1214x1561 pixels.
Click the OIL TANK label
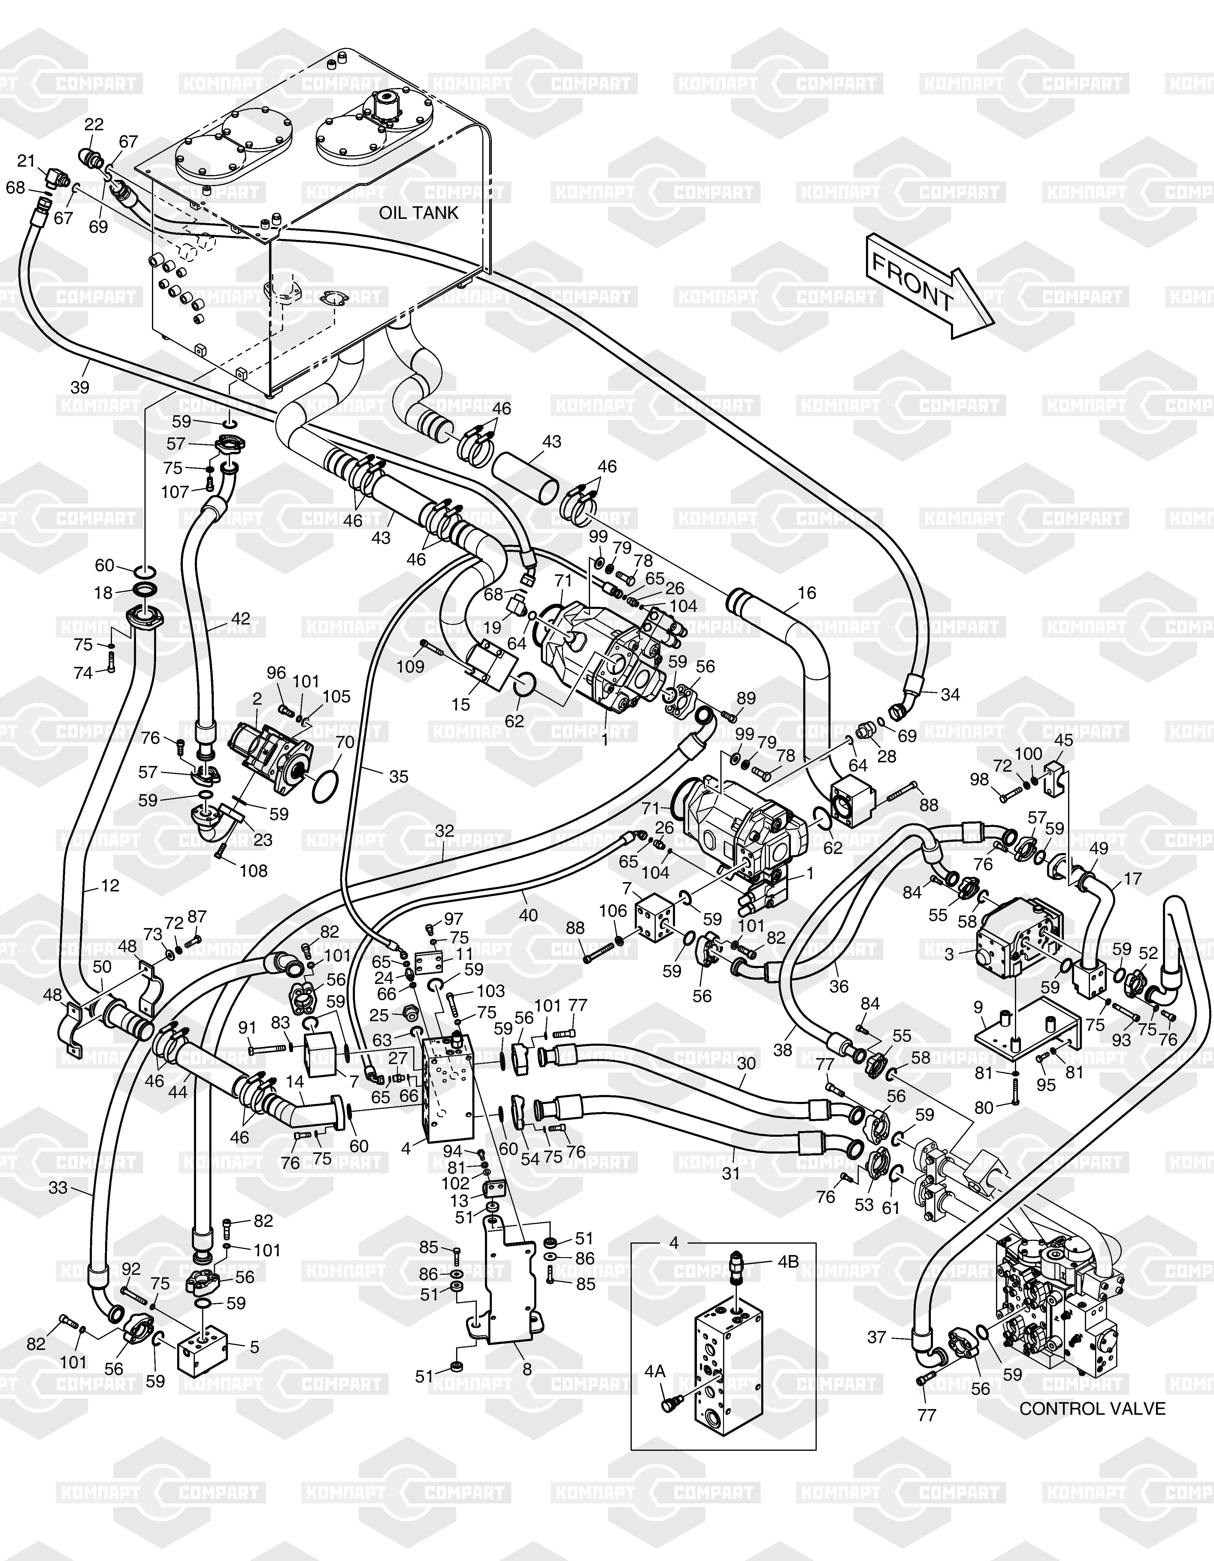coord(418,213)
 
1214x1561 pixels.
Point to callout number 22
coord(94,124)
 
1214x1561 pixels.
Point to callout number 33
coord(58,1187)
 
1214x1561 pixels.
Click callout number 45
coord(1064,740)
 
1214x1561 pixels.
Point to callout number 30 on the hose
coord(746,1063)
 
